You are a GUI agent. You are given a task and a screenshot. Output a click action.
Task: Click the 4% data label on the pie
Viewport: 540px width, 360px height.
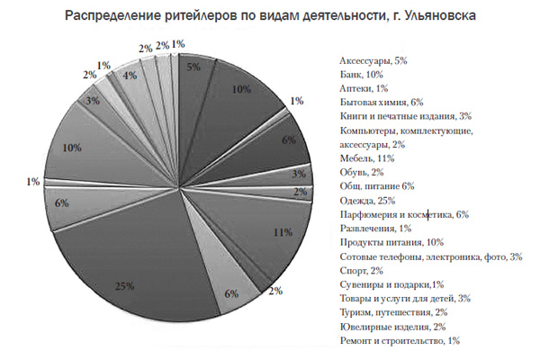click(x=130, y=76)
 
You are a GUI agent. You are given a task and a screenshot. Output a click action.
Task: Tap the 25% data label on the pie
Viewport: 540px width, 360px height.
click(x=124, y=286)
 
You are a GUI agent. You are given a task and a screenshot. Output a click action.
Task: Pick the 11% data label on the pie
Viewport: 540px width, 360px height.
click(x=282, y=232)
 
